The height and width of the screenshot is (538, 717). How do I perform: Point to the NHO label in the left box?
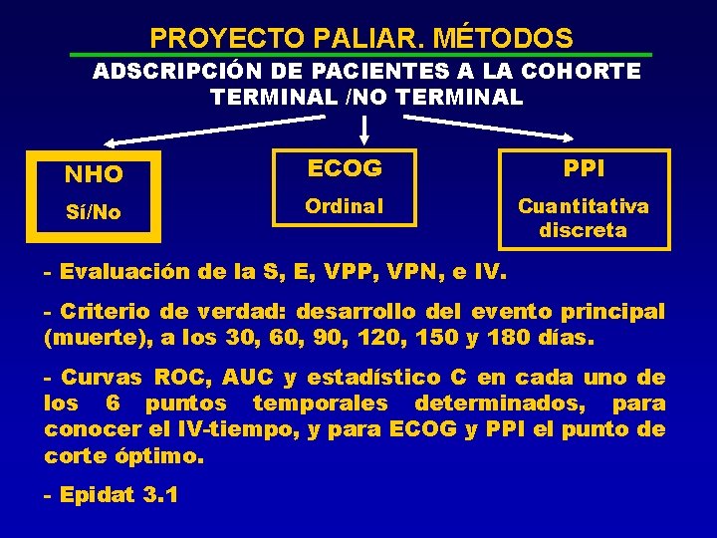pyautogui.click(x=94, y=175)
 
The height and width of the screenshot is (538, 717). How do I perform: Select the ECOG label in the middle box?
pyautogui.click(x=345, y=169)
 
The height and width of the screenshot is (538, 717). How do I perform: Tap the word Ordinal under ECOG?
pyautogui.click(x=345, y=206)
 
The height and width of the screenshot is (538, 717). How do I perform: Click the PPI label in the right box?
pyautogui.click(x=584, y=169)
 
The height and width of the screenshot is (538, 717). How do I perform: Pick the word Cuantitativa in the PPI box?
pyautogui.click(x=584, y=206)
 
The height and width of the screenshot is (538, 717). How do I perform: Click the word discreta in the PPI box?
pyautogui.click(x=584, y=230)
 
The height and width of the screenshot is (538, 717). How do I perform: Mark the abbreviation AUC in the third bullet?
pyautogui.click(x=240, y=378)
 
